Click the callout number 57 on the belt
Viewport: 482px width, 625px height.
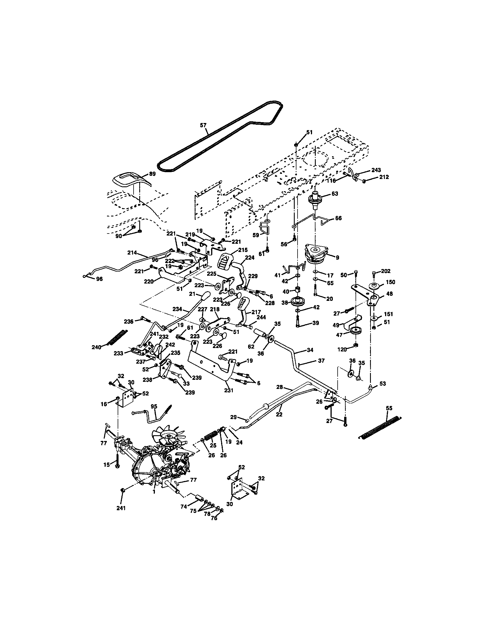click(203, 125)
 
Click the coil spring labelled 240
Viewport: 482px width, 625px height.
click(118, 338)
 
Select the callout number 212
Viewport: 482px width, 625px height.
click(384, 177)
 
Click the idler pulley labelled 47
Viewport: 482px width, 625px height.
click(356, 331)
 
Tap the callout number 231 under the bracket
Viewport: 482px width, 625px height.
click(228, 390)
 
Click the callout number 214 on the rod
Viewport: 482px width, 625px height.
click(133, 253)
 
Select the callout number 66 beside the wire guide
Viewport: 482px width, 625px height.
click(338, 218)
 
